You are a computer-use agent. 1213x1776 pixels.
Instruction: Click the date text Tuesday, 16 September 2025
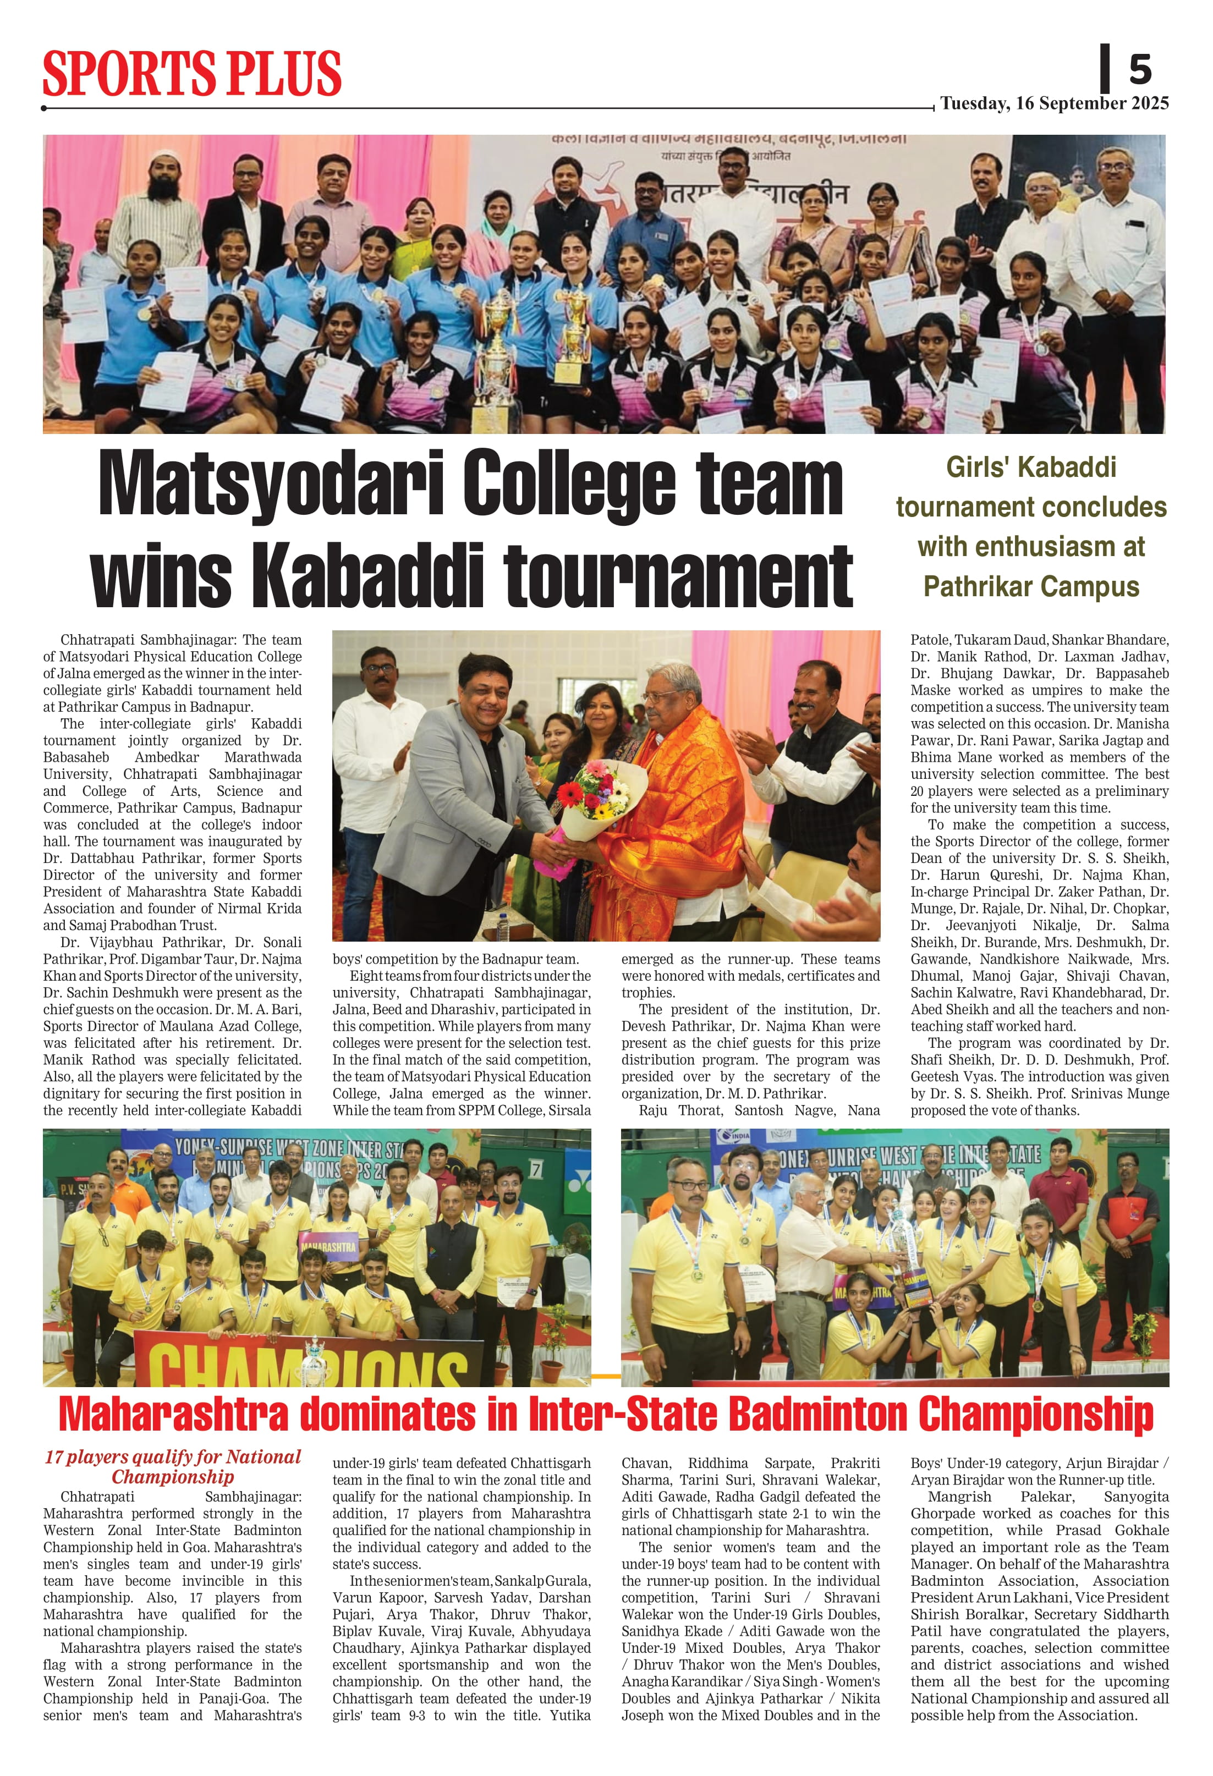point(1054,103)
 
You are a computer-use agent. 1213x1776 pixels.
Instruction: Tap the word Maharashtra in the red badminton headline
point(173,1415)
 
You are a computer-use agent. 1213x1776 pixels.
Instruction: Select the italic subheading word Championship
point(173,1476)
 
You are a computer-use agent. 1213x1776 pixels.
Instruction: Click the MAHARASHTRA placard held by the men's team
point(328,1246)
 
